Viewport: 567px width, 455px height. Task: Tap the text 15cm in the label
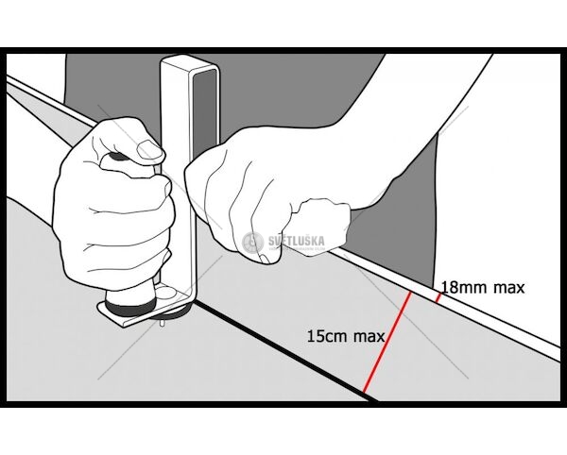click(328, 336)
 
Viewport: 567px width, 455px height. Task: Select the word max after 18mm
click(508, 289)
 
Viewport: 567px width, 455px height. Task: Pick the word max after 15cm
click(369, 337)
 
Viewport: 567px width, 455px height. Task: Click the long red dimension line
click(387, 342)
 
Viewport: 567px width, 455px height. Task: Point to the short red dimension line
click(438, 297)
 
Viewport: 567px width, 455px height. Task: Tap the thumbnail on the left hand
click(149, 149)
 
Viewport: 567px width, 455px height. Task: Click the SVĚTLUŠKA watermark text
click(297, 241)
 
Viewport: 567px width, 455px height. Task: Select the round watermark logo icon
click(252, 242)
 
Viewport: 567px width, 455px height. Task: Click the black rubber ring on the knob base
click(131, 307)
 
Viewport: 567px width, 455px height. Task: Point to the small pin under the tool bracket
click(162, 323)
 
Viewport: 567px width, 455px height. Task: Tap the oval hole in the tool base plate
click(166, 293)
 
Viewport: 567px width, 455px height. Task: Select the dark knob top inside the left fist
click(115, 157)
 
